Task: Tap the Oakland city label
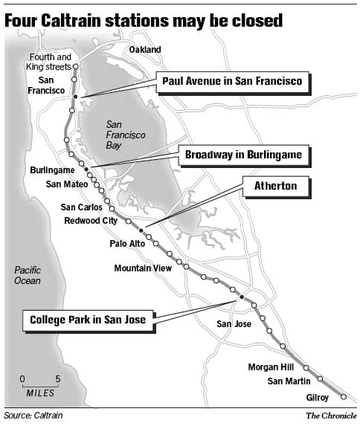point(145,50)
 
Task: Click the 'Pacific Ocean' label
point(28,276)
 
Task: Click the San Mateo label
point(66,183)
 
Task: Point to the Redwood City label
point(91,220)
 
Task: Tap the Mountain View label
point(144,268)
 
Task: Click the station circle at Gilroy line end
point(344,396)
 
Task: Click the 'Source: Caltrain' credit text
point(33,415)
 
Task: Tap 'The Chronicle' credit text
point(330,415)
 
